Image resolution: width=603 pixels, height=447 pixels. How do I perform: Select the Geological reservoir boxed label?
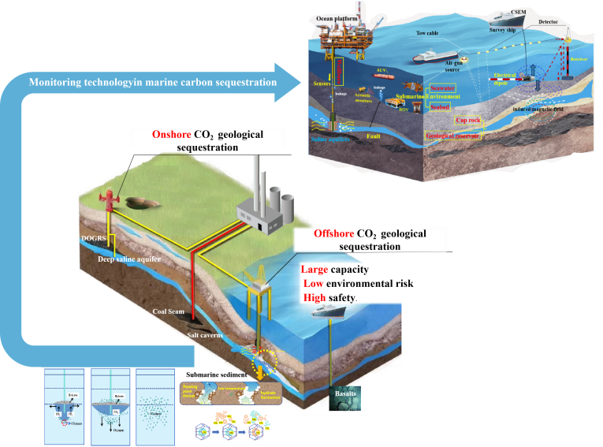[455, 136]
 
